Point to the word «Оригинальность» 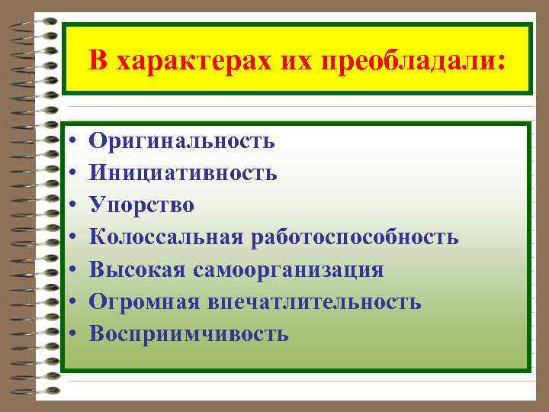(181, 140)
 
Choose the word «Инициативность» (183, 173)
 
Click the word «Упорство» (142, 205)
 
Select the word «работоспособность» (354, 237)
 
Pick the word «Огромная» (143, 302)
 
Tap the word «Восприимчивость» (188, 334)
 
